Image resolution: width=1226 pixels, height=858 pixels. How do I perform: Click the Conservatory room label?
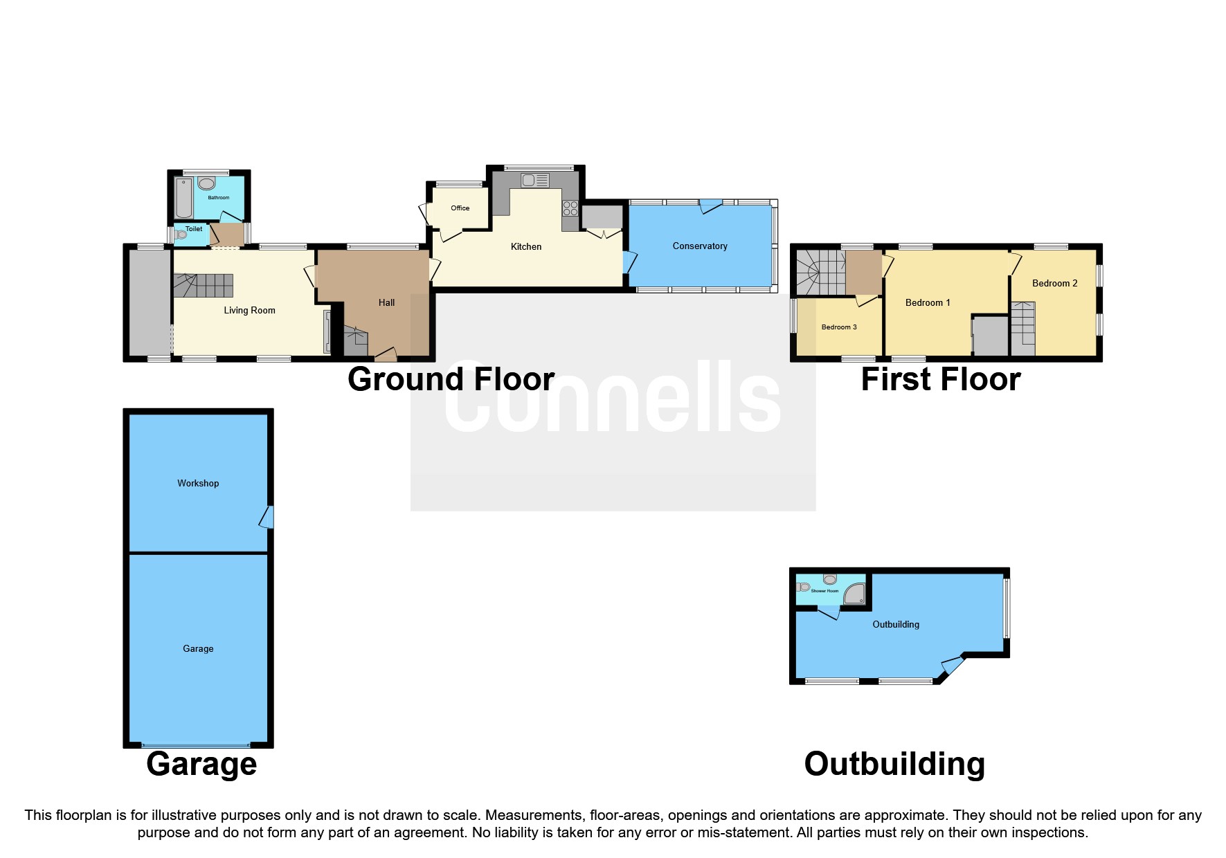(x=699, y=246)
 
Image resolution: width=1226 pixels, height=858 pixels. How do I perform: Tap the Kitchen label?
(x=525, y=246)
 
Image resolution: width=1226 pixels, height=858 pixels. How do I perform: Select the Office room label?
(x=460, y=208)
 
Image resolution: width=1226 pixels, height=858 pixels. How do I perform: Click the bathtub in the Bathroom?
(x=184, y=198)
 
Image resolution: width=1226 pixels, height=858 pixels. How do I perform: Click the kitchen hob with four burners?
(x=570, y=209)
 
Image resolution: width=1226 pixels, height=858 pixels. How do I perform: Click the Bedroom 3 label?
(x=838, y=327)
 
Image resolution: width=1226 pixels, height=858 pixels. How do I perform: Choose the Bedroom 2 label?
(x=1054, y=283)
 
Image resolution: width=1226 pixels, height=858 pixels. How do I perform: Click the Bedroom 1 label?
(x=927, y=302)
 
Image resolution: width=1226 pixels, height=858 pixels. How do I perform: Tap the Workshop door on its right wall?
(x=267, y=517)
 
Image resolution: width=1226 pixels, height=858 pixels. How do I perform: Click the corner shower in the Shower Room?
(x=855, y=594)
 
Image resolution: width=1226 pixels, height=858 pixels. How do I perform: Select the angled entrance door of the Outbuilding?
(x=952, y=665)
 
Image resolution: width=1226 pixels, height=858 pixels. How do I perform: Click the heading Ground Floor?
(x=451, y=379)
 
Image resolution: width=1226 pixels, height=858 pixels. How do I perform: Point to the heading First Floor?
(x=940, y=379)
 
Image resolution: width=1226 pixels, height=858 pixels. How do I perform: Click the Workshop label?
(x=198, y=483)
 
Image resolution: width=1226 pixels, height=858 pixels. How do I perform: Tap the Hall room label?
(x=386, y=302)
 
